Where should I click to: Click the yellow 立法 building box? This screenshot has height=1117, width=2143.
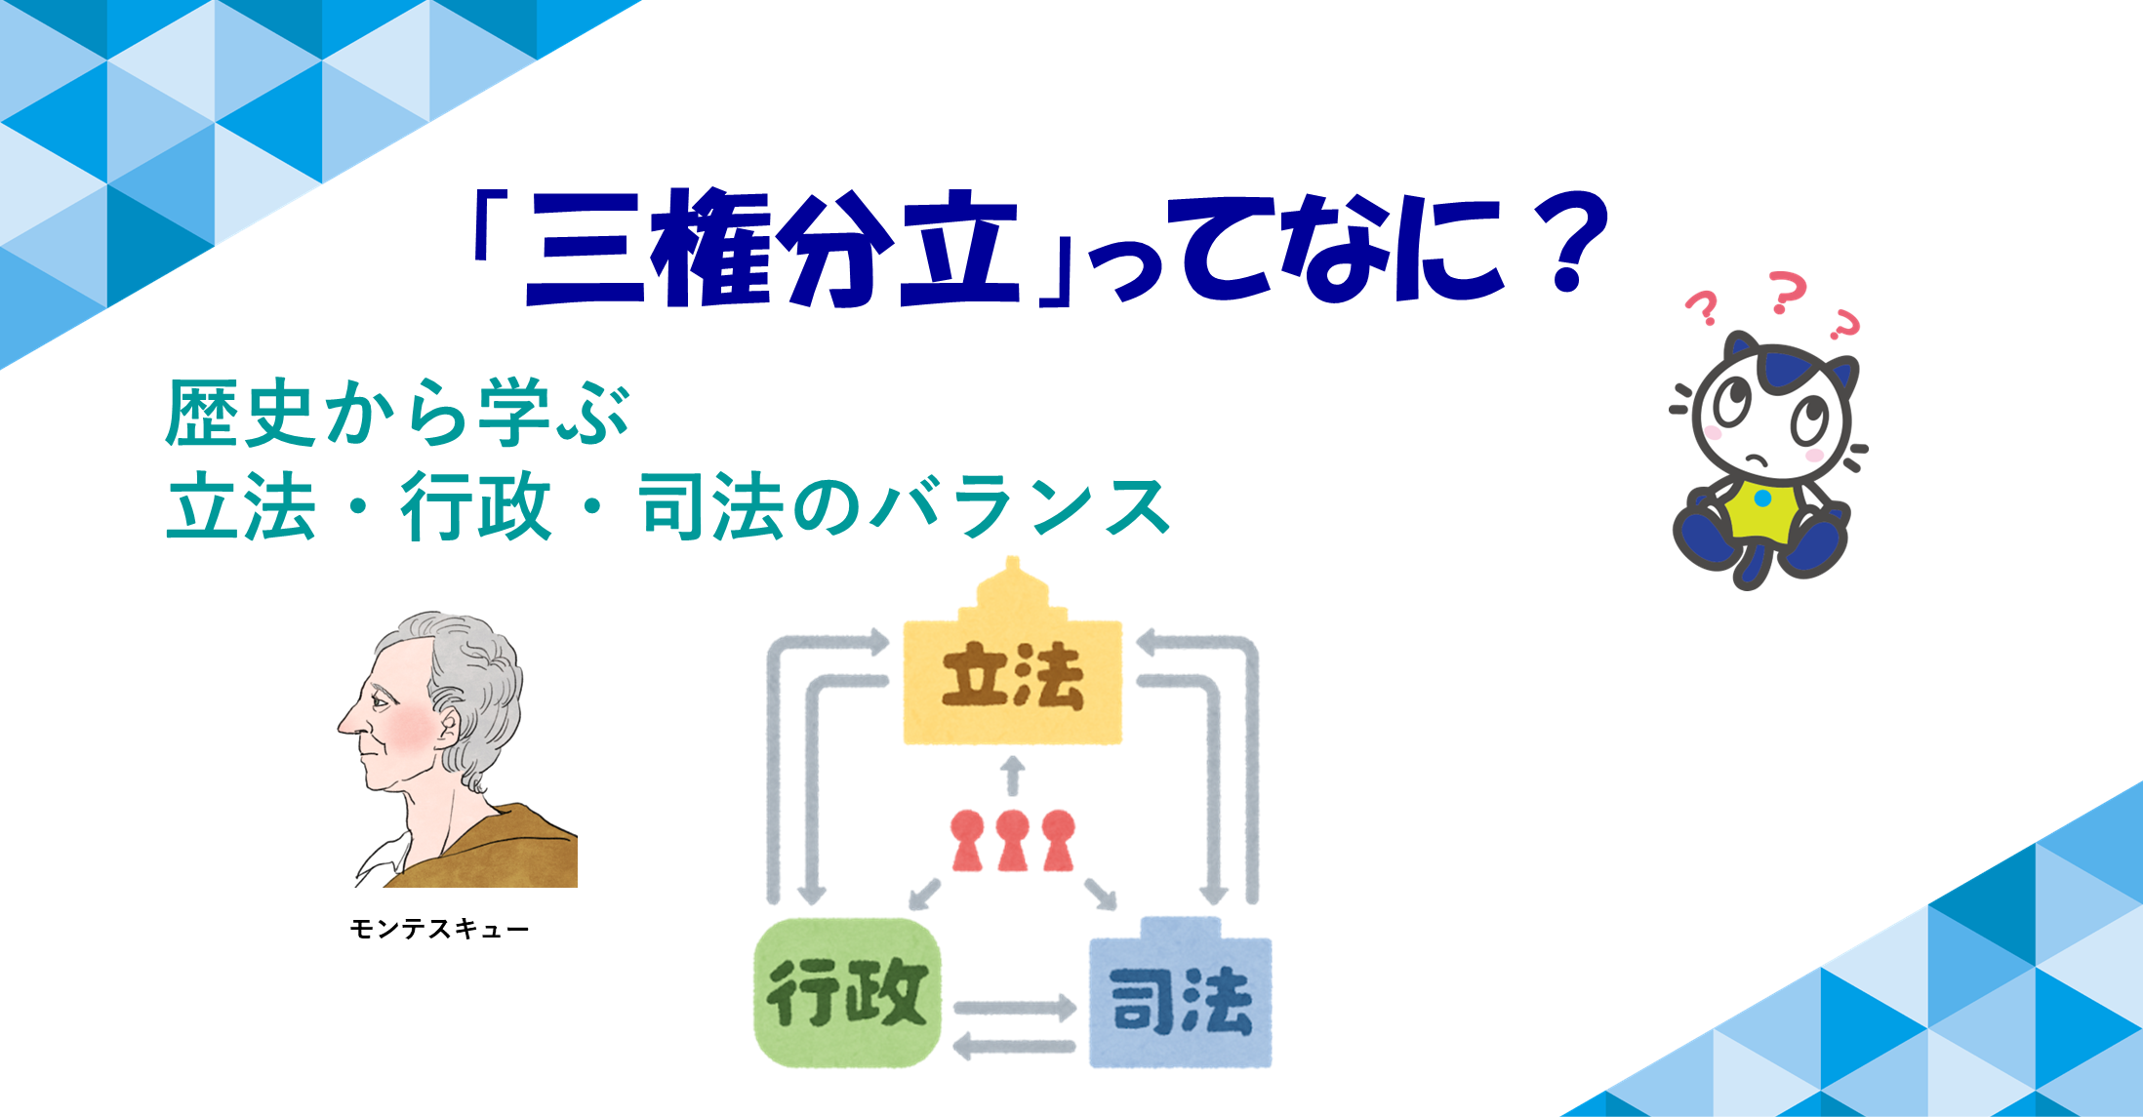tap(1013, 673)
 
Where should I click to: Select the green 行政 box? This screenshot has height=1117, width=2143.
tap(848, 992)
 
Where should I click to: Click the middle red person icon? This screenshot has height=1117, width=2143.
tap(1013, 840)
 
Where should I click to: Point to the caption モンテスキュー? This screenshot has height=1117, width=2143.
tap(439, 929)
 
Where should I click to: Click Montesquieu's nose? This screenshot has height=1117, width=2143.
tap(347, 720)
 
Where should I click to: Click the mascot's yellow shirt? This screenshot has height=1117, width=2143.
tap(1763, 510)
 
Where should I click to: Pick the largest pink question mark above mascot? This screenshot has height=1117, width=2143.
tap(1788, 293)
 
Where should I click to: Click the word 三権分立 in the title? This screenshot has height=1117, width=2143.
tap(771, 249)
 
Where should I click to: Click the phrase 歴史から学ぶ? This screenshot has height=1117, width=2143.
tap(398, 413)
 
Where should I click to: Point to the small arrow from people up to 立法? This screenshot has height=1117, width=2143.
tap(1014, 775)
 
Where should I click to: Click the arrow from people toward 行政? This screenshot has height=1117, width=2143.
tap(924, 894)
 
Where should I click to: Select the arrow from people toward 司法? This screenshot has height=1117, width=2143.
tap(1100, 894)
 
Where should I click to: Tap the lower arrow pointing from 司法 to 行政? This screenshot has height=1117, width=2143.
tap(1014, 1047)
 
